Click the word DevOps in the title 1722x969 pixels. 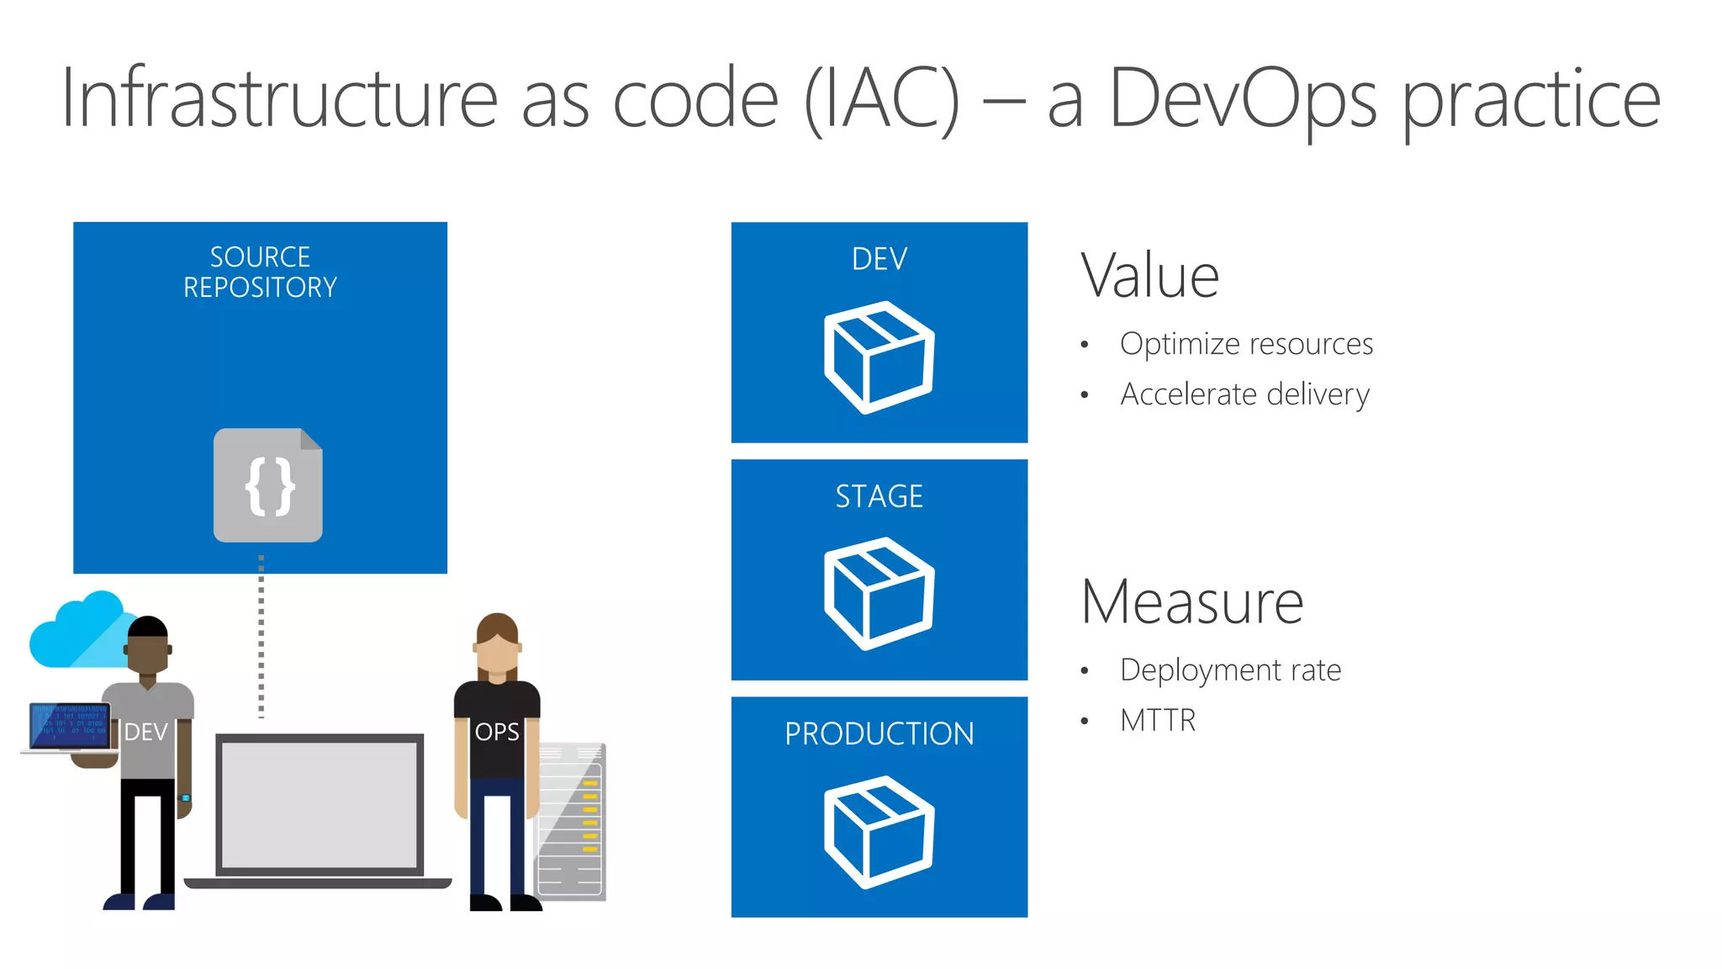pyautogui.click(x=1243, y=99)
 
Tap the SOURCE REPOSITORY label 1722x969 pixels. pyautogui.click(x=260, y=272)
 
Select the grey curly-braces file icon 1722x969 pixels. pyautogui.click(x=268, y=485)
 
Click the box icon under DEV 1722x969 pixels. pyautogui.click(x=879, y=357)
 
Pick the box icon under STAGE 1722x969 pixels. pyautogui.click(x=879, y=593)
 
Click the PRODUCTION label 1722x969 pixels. pyautogui.click(x=879, y=733)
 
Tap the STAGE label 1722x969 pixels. pyautogui.click(x=879, y=496)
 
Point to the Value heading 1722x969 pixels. pyautogui.click(x=1149, y=276)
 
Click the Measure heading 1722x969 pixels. pyautogui.click(x=1191, y=602)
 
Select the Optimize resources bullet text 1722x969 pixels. pyautogui.click(x=1246, y=344)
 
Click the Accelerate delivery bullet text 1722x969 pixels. pyautogui.click(x=1244, y=394)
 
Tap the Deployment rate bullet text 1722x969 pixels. pyautogui.click(x=1230, y=670)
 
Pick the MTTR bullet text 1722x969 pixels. pyautogui.click(x=1158, y=721)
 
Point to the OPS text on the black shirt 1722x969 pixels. pyautogui.click(x=497, y=732)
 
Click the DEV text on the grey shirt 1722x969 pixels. pyautogui.click(x=146, y=732)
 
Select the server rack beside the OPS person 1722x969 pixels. pyautogui.click(x=572, y=820)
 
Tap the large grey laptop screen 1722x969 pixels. pyautogui.click(x=320, y=804)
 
